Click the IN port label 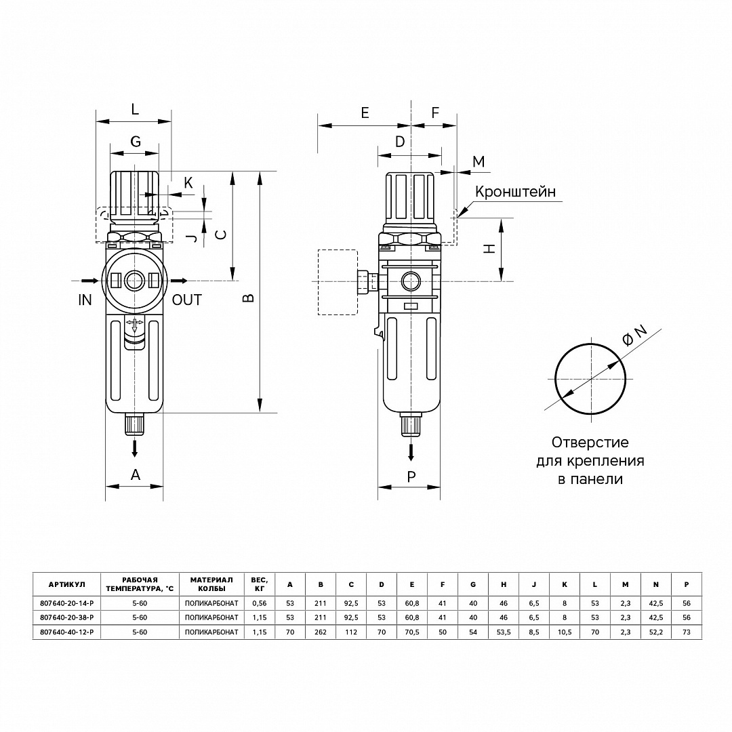click(x=85, y=300)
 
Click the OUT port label click(x=187, y=300)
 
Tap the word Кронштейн click(x=515, y=192)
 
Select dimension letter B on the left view click(x=249, y=297)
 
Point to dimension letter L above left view click(x=134, y=108)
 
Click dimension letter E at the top click(x=365, y=113)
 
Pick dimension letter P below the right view click(x=411, y=476)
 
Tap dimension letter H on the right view click(x=488, y=249)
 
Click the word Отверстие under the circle click(x=590, y=443)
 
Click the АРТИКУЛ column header click(x=66, y=584)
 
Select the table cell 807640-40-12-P click(x=66, y=632)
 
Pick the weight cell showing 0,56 click(x=259, y=603)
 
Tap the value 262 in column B click(x=321, y=632)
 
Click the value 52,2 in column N click(x=655, y=632)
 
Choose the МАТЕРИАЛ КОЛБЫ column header click(x=211, y=584)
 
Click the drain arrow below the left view click(x=135, y=447)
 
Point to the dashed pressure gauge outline click(x=337, y=282)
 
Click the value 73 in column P click(x=687, y=632)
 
